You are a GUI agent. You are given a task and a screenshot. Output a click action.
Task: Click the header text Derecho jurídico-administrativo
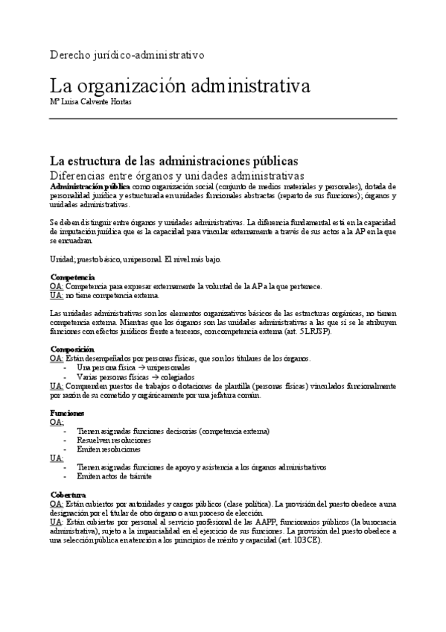pyautogui.click(x=126, y=55)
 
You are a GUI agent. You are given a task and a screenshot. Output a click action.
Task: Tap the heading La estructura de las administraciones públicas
pyautogui.click(x=173, y=160)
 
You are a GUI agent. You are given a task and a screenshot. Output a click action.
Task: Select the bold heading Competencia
pyautogui.click(x=71, y=277)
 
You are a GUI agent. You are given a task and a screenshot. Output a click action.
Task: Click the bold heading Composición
pyautogui.click(x=72, y=349)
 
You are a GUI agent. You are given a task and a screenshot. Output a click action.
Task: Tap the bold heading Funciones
pyautogui.click(x=67, y=413)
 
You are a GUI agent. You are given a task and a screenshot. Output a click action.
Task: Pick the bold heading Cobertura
pyautogui.click(x=68, y=495)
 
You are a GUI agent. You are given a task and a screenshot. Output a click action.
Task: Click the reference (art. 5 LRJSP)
pyautogui.click(x=303, y=331)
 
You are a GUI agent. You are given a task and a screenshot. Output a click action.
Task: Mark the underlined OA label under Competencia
pyautogui.click(x=56, y=286)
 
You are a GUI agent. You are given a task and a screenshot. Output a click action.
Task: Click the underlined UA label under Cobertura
pyautogui.click(x=56, y=522)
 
